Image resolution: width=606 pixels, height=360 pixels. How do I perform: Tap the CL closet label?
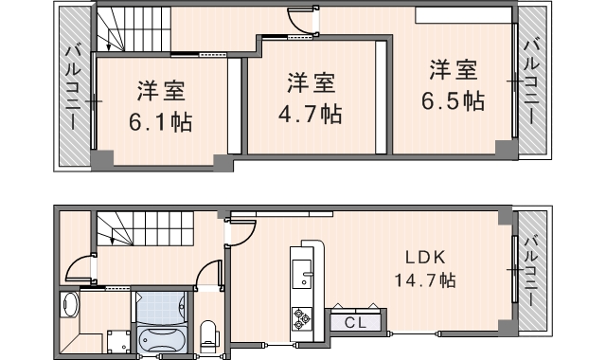[x=356, y=322]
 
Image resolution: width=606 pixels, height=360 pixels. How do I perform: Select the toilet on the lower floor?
[x=208, y=333]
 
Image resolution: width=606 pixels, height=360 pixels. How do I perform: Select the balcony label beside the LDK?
[x=531, y=269]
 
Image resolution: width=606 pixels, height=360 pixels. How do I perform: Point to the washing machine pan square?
[x=116, y=340]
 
